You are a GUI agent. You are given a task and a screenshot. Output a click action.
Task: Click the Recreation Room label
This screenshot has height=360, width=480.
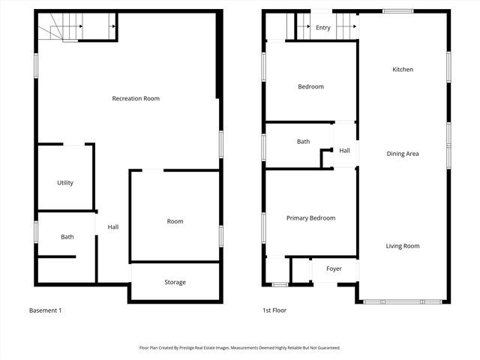(136, 99)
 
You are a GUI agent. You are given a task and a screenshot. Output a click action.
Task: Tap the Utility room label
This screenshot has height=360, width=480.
(65, 183)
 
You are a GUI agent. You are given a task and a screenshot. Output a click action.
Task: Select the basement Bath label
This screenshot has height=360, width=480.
(67, 237)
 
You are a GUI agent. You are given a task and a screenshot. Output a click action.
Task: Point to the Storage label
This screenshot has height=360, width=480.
(175, 283)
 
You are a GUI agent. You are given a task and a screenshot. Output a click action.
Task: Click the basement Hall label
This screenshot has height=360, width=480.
(112, 227)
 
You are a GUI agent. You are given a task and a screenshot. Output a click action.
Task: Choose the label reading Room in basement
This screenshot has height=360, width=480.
(175, 221)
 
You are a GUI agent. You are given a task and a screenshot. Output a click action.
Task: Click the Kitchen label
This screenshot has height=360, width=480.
(403, 70)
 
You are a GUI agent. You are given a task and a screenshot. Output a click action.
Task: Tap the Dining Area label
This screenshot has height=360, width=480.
(403, 154)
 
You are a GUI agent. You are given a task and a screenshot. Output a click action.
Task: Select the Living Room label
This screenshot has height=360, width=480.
(403, 246)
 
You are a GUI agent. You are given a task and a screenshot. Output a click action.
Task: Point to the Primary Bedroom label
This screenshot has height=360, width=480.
(310, 218)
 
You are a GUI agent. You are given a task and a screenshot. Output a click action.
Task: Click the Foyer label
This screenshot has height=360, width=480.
(334, 268)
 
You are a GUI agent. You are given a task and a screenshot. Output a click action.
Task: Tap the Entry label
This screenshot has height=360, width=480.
(323, 28)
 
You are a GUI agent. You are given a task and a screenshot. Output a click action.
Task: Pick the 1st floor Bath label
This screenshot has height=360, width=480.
(303, 142)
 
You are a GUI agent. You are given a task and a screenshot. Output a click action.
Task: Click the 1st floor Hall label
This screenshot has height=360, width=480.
(344, 151)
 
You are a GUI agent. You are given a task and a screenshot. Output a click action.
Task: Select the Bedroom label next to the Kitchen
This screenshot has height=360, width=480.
(310, 87)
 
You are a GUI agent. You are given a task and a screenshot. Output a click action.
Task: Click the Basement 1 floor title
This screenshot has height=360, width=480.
(45, 310)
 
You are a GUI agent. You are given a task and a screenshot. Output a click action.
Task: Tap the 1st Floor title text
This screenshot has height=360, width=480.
(274, 310)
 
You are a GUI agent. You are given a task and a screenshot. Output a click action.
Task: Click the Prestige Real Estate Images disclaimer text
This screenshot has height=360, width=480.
(240, 348)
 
